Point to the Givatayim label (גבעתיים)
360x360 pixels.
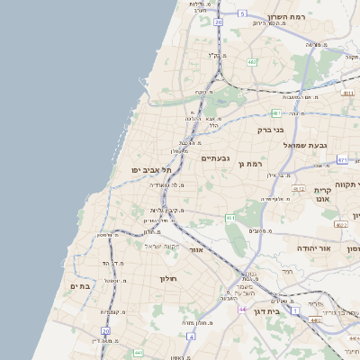point(215,158)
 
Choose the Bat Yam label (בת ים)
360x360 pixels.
point(81,286)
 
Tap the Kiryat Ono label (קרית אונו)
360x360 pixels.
point(324,196)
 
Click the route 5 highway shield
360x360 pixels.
point(242,13)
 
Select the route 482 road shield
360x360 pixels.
point(251,62)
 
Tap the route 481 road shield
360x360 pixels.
point(275,113)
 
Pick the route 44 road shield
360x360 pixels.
point(241,310)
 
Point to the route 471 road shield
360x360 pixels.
point(342,159)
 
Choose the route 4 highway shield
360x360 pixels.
point(191,336)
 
